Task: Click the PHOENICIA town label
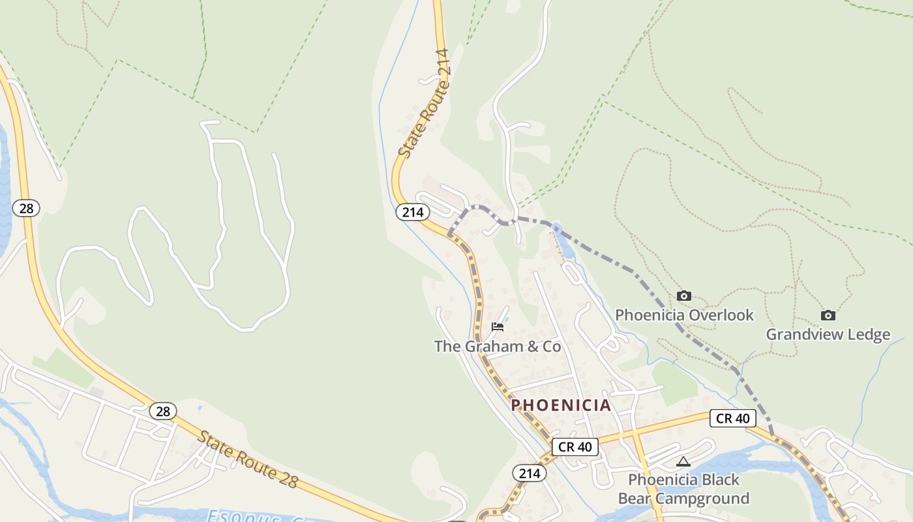coord(561,405)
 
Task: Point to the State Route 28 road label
coord(248,459)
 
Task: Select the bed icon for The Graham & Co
coord(498,327)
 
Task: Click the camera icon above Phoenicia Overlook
coord(683,296)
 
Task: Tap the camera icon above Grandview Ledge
coord(828,316)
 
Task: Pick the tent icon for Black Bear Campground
coord(683,462)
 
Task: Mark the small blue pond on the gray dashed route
coord(558,230)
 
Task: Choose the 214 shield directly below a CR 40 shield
coord(529,473)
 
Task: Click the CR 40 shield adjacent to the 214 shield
coord(575,447)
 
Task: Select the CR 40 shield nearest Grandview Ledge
coord(733,418)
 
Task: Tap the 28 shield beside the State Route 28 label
coord(162,411)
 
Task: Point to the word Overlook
coord(721,315)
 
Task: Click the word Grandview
coord(805,335)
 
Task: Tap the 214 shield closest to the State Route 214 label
coord(412,212)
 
